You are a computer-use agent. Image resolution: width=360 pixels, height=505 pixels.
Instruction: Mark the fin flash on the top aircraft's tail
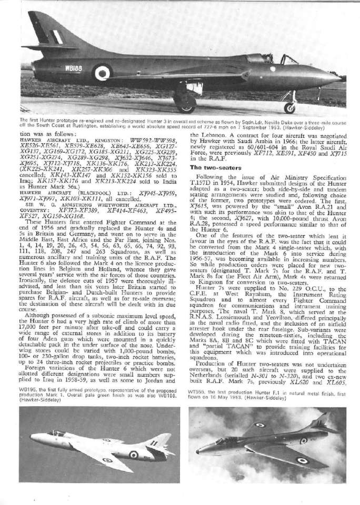(55, 36)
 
